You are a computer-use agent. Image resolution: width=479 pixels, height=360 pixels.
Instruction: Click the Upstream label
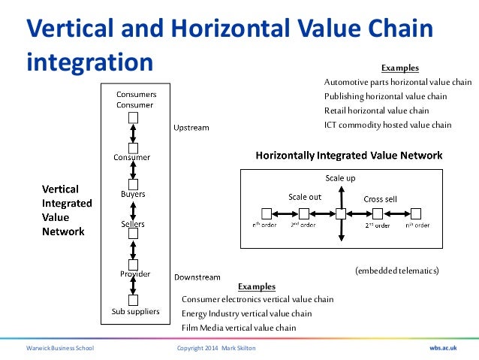[x=191, y=128]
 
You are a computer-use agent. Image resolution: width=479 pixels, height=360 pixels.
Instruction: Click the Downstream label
[x=197, y=277]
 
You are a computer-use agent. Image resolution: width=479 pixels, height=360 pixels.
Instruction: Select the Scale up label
[x=340, y=178]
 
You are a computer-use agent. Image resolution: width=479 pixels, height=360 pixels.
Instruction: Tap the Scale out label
[x=305, y=197]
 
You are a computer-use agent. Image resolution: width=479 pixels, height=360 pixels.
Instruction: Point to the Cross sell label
[x=380, y=198]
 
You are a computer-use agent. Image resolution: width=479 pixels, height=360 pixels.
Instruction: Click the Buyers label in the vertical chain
[x=133, y=194]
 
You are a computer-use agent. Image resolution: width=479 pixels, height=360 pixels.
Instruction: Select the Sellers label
[x=133, y=225]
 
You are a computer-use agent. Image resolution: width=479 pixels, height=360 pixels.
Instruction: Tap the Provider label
[x=133, y=273]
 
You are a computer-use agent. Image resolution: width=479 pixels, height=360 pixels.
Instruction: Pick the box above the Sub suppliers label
[x=133, y=299]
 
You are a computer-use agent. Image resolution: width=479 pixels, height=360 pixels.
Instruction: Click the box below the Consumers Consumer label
[x=133, y=118]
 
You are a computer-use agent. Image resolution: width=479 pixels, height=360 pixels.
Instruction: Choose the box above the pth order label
[x=266, y=214]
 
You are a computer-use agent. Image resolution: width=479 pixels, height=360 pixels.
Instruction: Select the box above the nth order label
[x=416, y=214]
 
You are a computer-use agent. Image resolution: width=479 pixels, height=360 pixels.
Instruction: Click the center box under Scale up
[x=340, y=214]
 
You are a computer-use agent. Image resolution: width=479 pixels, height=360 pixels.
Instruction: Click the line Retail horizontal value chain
[x=371, y=110]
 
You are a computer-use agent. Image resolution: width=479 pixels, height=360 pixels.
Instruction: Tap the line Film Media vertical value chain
[x=239, y=328]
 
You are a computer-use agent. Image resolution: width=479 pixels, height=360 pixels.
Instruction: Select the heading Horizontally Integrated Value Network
[x=349, y=156]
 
